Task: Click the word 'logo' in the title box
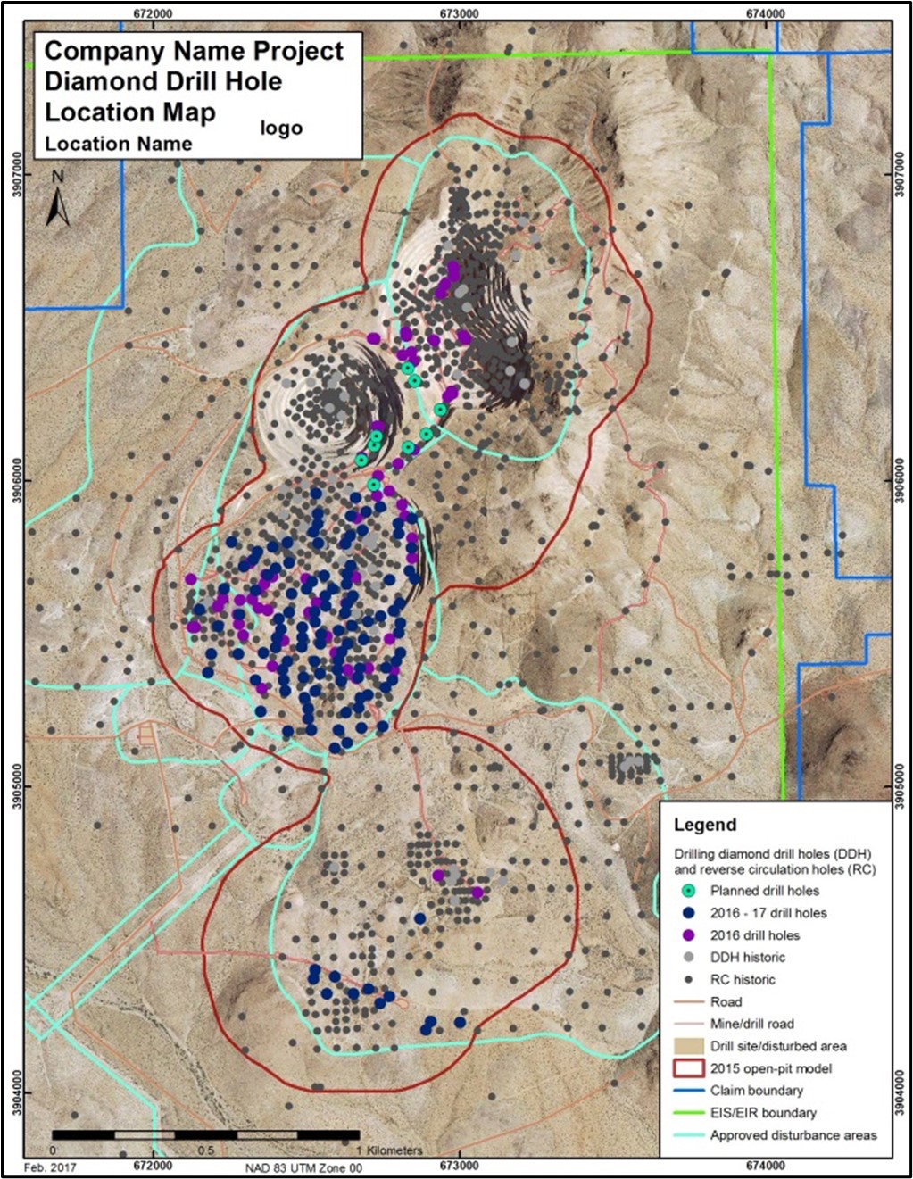coord(281,129)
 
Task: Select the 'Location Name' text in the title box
coord(118,144)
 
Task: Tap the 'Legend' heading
coord(705,825)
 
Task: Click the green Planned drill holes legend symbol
coord(688,891)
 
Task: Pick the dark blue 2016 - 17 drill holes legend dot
coord(688,913)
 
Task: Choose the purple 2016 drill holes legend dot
coord(688,935)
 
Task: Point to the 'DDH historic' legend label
coord(747,958)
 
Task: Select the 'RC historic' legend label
coord(742,980)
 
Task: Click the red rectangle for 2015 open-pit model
coord(688,1068)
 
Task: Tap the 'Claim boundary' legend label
coord(756,1091)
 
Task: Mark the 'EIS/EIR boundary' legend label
coord(762,1113)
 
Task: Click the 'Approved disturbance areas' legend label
coord(793,1135)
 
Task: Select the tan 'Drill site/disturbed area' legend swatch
coord(688,1046)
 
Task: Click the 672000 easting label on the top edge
coord(153,13)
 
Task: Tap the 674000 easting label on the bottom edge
coord(765,1166)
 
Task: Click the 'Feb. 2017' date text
coord(50,1167)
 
